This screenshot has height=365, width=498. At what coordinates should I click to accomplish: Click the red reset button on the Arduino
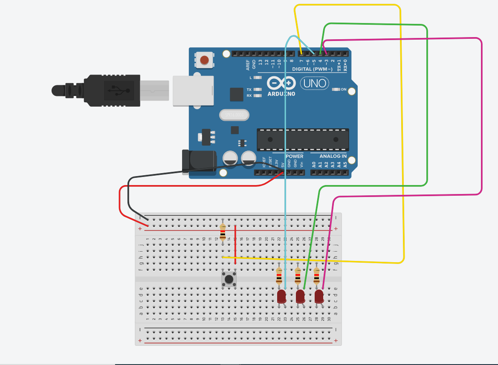(205, 60)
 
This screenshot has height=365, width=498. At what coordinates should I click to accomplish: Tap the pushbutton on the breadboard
(229, 280)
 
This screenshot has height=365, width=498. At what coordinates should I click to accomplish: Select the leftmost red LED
(281, 296)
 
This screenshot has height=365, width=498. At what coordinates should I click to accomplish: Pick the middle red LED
(300, 296)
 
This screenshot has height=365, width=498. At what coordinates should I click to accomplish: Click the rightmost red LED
(319, 296)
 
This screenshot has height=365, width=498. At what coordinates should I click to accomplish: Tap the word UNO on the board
(315, 83)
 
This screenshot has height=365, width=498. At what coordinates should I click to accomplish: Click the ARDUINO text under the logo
(281, 94)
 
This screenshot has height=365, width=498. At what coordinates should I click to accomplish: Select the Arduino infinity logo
(281, 83)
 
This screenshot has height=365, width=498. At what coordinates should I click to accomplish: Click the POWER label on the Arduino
(294, 156)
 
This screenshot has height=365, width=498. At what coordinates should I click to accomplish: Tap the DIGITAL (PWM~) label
(312, 69)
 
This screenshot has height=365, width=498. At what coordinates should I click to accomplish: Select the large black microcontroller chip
(303, 139)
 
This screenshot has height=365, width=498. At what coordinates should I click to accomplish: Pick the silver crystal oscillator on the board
(234, 115)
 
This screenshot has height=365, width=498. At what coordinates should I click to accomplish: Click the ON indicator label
(344, 90)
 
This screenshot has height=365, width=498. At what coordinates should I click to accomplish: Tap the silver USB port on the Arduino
(193, 90)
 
